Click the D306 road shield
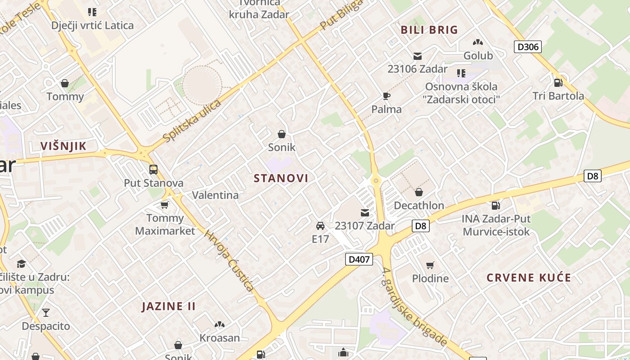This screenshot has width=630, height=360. [527, 47]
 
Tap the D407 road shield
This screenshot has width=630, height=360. [359, 259]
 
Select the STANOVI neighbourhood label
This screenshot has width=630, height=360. [281, 178]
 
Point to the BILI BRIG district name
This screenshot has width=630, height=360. [429, 30]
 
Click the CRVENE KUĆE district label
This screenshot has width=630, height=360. [529, 278]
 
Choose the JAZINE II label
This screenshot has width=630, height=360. [169, 306]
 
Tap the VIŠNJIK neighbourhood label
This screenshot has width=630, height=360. [63, 146]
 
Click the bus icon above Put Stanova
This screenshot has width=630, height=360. [153, 170]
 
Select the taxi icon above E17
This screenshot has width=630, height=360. [320, 225]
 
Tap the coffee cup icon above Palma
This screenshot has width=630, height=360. [386, 95]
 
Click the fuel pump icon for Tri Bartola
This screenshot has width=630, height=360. [558, 82]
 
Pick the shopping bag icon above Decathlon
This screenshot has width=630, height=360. [419, 192]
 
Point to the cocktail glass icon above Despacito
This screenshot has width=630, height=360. [46, 312]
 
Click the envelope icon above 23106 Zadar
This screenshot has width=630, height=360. [418, 56]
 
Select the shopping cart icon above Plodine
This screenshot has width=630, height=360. [430, 265]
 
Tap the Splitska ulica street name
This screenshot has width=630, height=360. [193, 121]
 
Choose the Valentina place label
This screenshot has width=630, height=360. [216, 195]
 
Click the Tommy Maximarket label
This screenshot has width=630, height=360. [165, 225]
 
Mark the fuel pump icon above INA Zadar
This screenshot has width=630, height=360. [495, 206]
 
